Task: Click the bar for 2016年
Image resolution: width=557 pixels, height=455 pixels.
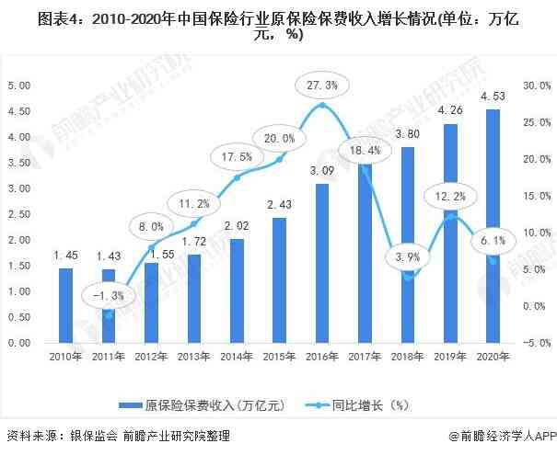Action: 321,263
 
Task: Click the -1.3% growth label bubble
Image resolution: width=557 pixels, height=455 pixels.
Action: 108,295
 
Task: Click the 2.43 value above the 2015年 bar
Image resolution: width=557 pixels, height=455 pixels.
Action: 280,205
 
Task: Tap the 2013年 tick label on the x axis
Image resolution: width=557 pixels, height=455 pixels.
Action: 192,358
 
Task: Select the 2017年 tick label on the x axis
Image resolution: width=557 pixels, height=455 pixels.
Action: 366,358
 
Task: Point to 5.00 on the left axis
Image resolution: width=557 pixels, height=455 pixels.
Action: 18,85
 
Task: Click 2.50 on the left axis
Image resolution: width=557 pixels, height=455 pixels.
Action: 18,214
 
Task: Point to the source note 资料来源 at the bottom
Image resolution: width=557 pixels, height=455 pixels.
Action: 110,437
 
